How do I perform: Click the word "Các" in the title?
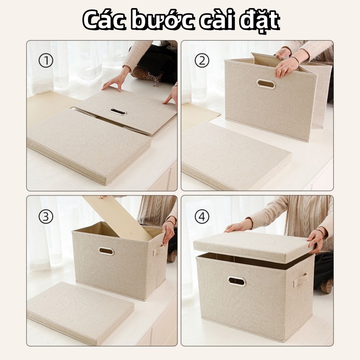[104, 20]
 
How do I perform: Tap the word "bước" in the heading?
[162, 20]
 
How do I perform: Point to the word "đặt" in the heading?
[260, 21]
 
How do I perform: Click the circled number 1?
[46, 61]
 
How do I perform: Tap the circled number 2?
[202, 61]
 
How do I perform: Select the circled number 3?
[46, 217]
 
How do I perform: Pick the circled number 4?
[202, 217]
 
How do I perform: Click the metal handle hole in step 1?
[118, 112]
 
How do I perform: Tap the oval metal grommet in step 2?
[266, 84]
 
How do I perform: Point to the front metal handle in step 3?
[106, 251]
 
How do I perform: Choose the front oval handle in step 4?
[237, 281]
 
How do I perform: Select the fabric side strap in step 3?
[159, 250]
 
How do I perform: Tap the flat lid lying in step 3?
[81, 313]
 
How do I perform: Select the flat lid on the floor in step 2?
[236, 156]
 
